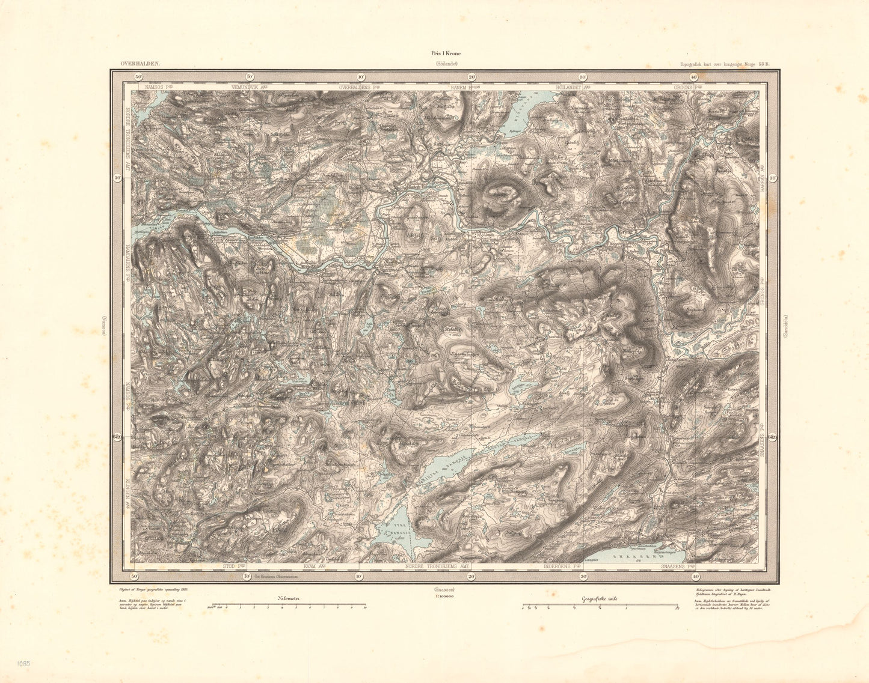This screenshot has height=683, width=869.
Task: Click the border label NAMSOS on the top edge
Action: click(158, 87)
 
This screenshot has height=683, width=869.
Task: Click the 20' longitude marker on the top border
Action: click(472, 77)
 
